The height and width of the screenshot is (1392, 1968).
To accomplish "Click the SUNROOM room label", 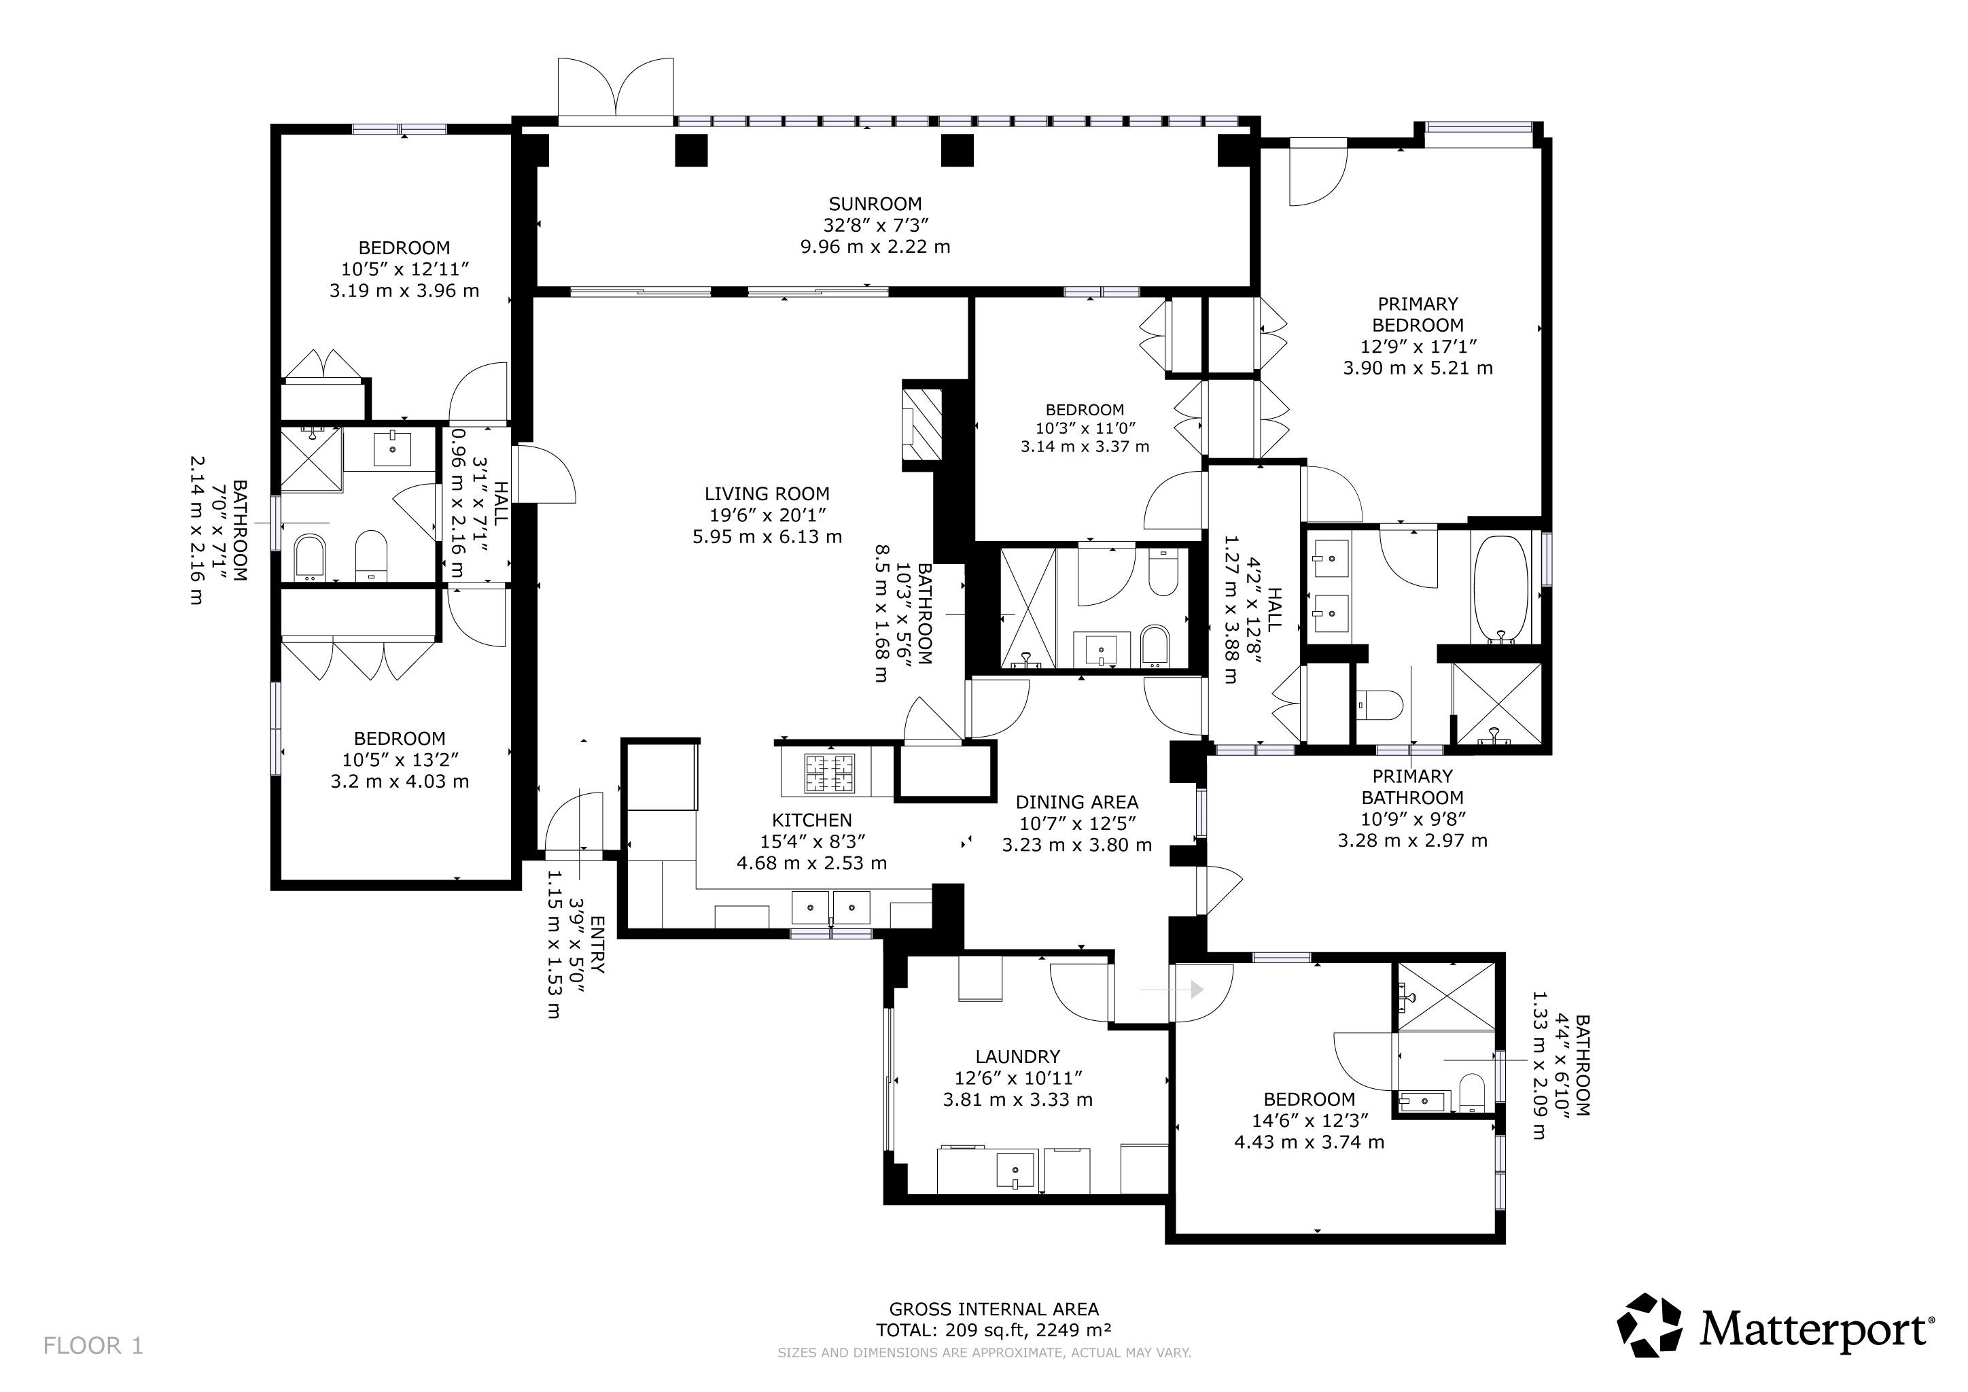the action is pyautogui.click(x=875, y=204).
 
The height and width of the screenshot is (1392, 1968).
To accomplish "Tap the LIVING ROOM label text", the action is pyautogui.click(x=767, y=493).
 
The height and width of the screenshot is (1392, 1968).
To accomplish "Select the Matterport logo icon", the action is pyautogui.click(x=1650, y=1325).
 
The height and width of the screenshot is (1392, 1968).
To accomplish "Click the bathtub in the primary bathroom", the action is pyautogui.click(x=1500, y=589).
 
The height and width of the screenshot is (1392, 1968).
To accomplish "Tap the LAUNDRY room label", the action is pyautogui.click(x=1017, y=1057).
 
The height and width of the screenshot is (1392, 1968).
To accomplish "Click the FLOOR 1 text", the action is pyautogui.click(x=93, y=1346).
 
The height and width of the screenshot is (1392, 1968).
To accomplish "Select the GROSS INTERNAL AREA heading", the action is pyautogui.click(x=994, y=1309).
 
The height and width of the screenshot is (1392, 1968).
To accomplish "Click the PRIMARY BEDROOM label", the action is pyautogui.click(x=1418, y=315).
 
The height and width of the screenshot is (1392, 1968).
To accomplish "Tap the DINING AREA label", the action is pyautogui.click(x=1076, y=802).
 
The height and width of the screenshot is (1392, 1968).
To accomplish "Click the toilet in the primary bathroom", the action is pyautogui.click(x=1379, y=706).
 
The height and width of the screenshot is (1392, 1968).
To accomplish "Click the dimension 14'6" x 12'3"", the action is pyautogui.click(x=1309, y=1120).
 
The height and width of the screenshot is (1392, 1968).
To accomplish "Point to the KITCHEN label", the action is pyautogui.click(x=811, y=820).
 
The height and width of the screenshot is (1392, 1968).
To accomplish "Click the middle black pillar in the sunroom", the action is pyautogui.click(x=957, y=151).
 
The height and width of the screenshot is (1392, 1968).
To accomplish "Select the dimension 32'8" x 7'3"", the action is pyautogui.click(x=875, y=226).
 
